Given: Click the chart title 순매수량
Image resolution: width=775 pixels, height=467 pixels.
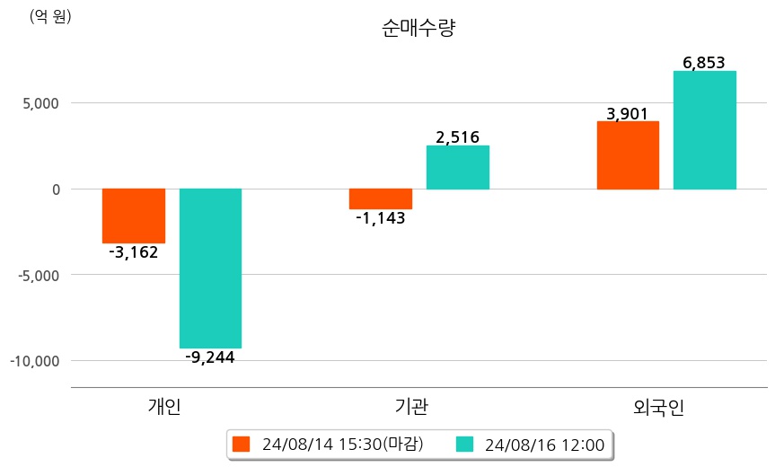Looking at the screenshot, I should (419, 30).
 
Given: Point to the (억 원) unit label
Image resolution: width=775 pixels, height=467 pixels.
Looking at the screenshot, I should (50, 17).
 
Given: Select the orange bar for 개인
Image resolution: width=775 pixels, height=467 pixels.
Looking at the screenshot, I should (134, 216).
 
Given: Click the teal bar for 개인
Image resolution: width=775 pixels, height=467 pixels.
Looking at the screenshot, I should (210, 268).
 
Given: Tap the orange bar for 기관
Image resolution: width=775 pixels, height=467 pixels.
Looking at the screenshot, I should (381, 198).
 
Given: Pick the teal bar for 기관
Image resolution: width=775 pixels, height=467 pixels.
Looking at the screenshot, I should (458, 167).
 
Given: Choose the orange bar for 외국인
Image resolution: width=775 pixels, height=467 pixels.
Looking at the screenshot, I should (628, 155).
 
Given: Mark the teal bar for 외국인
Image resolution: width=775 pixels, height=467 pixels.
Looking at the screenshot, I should (705, 130).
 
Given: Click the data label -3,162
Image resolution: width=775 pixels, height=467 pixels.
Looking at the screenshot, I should (133, 252).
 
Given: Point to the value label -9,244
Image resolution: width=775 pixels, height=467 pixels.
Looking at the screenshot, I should (210, 357).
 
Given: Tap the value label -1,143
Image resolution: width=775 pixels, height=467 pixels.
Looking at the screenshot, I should (381, 218).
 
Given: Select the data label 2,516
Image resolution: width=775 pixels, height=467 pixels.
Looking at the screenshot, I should (458, 137).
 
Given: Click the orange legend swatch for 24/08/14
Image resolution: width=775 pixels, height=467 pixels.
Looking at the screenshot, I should (241, 444).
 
